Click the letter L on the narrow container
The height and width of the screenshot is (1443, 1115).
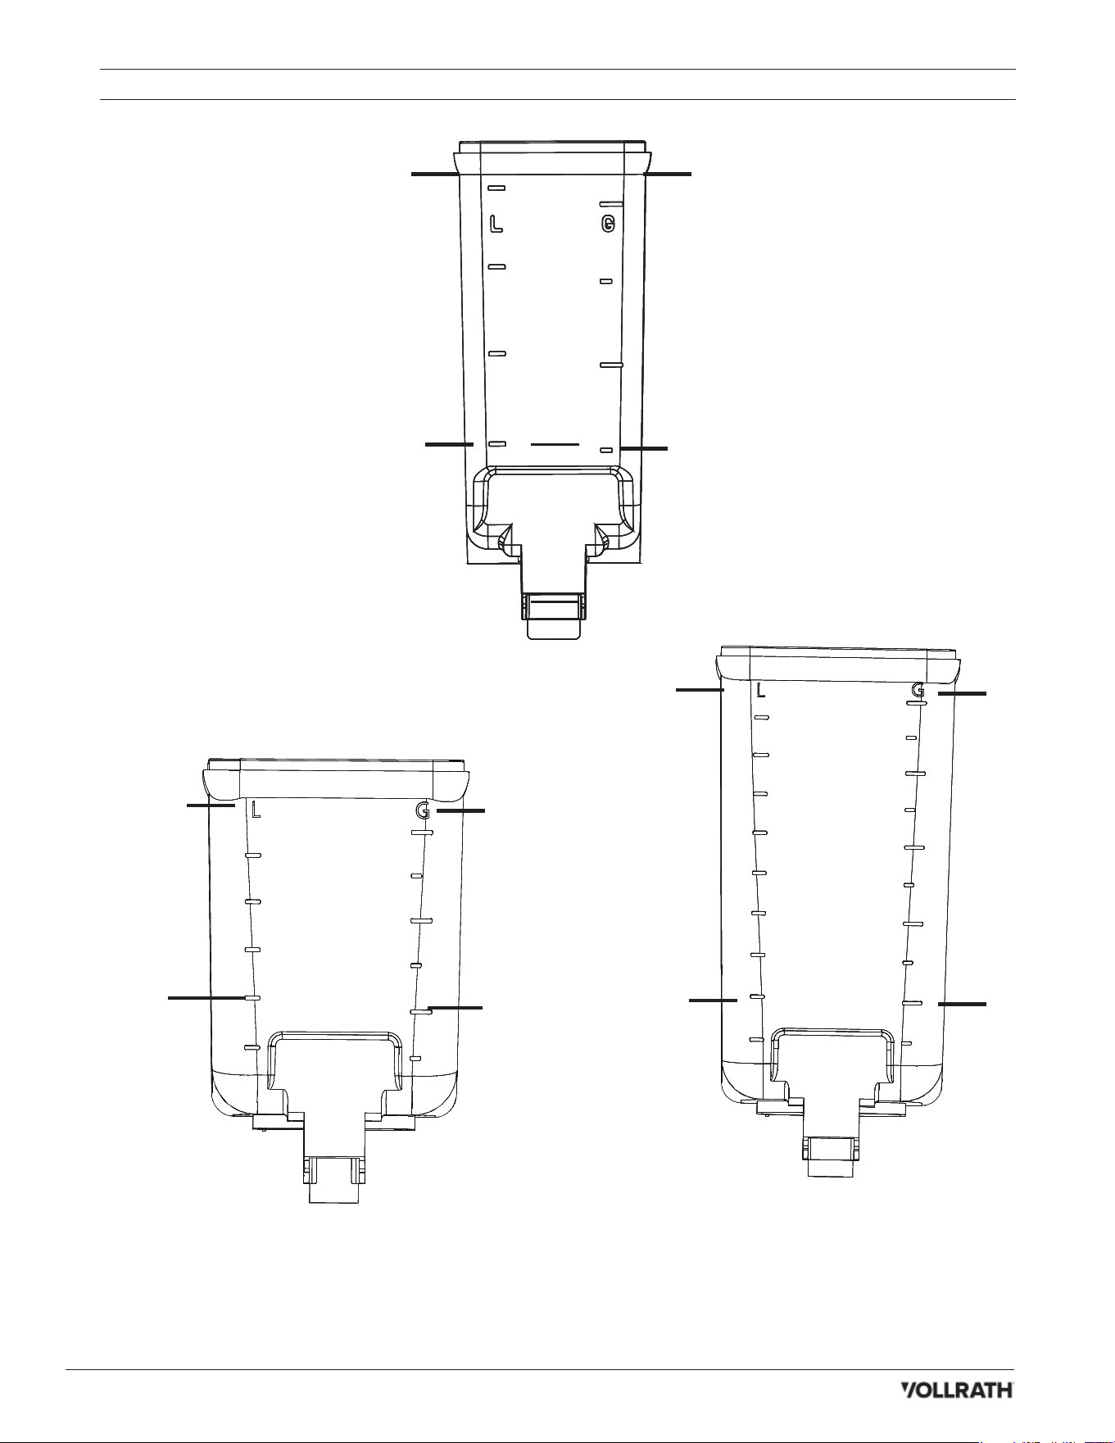[496, 224]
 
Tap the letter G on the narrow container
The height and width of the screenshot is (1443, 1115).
[607, 224]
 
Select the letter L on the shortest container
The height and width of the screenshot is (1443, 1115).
[256, 810]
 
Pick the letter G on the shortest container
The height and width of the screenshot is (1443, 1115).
[423, 810]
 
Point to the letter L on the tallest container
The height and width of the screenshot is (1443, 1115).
[761, 690]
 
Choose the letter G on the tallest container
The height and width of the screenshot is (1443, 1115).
[918, 690]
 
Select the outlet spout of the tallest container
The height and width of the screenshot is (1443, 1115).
[831, 1156]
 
